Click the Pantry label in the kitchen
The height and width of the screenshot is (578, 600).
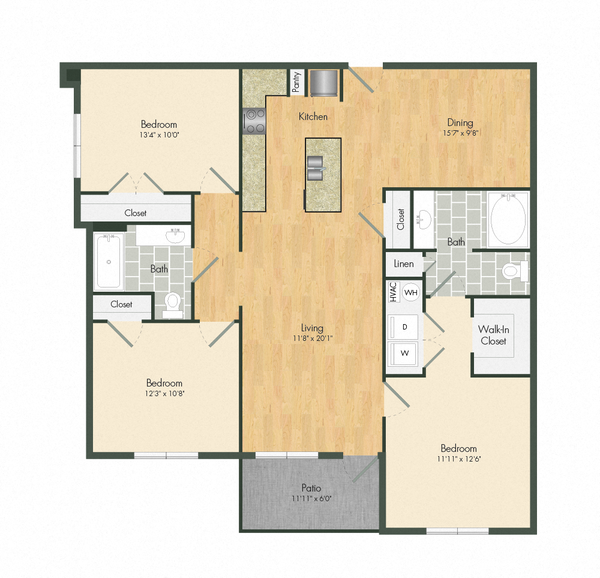pos(296,82)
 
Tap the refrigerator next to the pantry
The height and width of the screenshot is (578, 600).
pos(324,82)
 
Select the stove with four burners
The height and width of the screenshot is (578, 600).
pos(254,121)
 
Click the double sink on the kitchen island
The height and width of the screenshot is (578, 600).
pos(316,167)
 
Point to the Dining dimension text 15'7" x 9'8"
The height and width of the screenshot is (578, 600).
pos(459,134)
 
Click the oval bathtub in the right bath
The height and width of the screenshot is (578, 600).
pos(508,218)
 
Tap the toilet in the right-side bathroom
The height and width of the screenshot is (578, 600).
pos(514,271)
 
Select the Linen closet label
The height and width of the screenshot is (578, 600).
pos(404,264)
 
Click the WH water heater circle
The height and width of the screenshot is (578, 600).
pos(411,292)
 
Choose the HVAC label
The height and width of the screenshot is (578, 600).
pos(393,292)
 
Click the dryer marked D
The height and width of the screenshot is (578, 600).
pos(405,327)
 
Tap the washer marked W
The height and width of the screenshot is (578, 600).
pos(405,353)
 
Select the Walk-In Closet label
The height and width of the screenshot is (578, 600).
pos(493,335)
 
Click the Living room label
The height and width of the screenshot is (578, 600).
pos(312,328)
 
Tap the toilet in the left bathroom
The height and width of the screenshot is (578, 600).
pos(173,302)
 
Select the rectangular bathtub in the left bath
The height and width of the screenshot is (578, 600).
pos(109,262)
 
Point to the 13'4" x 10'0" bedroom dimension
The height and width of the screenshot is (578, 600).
pos(159,134)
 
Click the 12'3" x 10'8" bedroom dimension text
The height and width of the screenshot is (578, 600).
pos(164,394)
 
